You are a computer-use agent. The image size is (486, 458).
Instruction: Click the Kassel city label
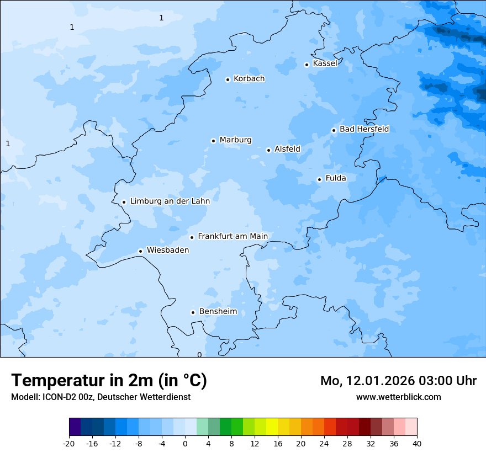[x=325, y=63]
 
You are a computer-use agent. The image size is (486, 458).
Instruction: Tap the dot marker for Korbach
[x=228, y=79]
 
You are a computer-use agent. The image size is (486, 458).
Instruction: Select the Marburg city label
[x=235, y=140]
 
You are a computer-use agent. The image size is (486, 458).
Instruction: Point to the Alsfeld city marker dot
[x=268, y=150]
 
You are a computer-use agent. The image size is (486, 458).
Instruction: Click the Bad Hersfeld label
[x=364, y=129]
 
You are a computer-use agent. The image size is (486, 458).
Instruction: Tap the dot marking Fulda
[x=319, y=179]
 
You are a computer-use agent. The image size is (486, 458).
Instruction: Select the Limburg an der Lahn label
[x=170, y=201]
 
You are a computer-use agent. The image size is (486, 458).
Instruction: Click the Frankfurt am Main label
[x=233, y=236]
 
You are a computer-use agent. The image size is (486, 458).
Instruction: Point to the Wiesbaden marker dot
[x=141, y=251]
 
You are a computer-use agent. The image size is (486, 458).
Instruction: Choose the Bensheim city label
[x=218, y=312]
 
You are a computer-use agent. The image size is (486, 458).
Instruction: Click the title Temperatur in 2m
[x=109, y=381]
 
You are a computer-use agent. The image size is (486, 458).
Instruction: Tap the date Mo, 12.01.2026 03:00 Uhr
[x=398, y=381]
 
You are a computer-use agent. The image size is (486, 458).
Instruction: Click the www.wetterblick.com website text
[x=398, y=397]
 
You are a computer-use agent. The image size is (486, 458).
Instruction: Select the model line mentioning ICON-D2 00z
[x=101, y=397]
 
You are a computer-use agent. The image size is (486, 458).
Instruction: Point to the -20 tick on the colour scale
[x=69, y=444]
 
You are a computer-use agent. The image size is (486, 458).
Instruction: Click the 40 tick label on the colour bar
[x=416, y=444]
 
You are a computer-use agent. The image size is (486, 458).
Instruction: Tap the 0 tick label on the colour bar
[x=185, y=444]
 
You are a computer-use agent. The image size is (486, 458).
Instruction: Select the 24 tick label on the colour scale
[x=324, y=444]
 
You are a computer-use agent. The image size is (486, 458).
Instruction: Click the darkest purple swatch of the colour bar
[x=75, y=427]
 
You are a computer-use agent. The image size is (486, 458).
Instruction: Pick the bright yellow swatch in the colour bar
[x=272, y=427]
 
